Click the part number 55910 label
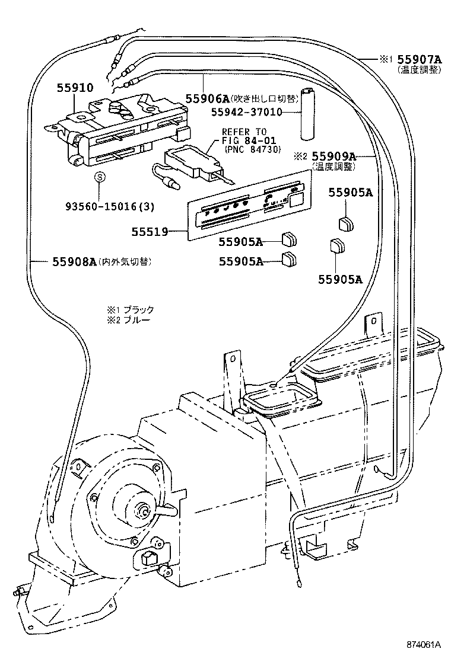tap(75, 88)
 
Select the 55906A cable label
tap(207, 98)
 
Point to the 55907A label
tap(420, 59)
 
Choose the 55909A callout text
tap(334, 156)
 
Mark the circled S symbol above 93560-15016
tap(100, 178)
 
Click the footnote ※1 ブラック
tap(130, 309)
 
